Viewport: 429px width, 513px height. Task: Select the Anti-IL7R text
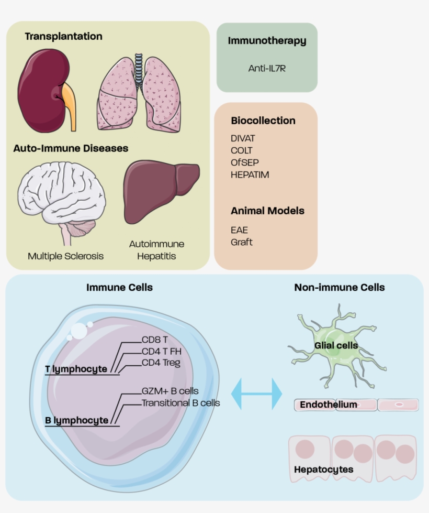click(267, 68)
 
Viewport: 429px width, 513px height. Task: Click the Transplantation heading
click(63, 36)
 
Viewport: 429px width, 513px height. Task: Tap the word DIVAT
click(243, 138)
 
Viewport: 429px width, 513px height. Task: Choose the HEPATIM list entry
click(250, 175)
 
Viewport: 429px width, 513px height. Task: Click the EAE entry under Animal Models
click(239, 230)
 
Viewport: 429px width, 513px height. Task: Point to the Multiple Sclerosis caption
click(65, 256)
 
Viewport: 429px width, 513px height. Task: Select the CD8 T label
click(154, 340)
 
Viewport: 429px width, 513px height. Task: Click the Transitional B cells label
click(180, 403)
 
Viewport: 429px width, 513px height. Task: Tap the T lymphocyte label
click(76, 369)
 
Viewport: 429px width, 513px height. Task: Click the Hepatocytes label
click(323, 469)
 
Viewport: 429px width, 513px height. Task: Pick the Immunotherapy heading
click(267, 41)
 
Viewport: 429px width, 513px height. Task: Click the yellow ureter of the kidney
click(70, 105)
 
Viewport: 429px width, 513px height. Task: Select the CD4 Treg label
click(161, 363)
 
